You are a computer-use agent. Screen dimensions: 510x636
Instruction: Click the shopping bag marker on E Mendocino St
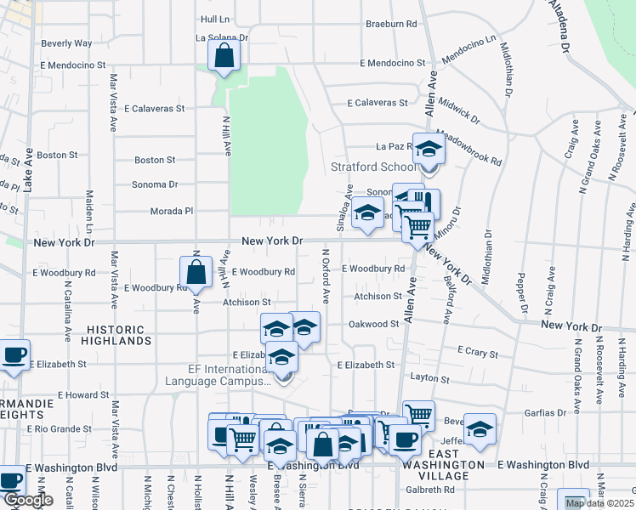pos(224,57)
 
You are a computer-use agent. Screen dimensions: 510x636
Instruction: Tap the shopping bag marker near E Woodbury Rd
pos(196,273)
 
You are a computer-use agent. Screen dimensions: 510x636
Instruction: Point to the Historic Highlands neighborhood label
pos(116,335)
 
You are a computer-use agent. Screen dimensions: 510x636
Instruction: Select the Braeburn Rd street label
pos(391,25)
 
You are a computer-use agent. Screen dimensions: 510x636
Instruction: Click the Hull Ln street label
pos(216,19)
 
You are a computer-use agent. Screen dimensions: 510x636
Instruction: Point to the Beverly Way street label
pos(66,42)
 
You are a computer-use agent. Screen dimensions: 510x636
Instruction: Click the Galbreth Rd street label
pos(429,490)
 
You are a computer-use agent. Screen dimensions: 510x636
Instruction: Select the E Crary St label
pos(477,350)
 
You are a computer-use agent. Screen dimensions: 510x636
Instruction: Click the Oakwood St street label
pos(374,324)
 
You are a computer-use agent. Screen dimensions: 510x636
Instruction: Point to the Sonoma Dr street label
pos(154,184)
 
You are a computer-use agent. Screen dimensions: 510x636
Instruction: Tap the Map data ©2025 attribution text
pos(599,503)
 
